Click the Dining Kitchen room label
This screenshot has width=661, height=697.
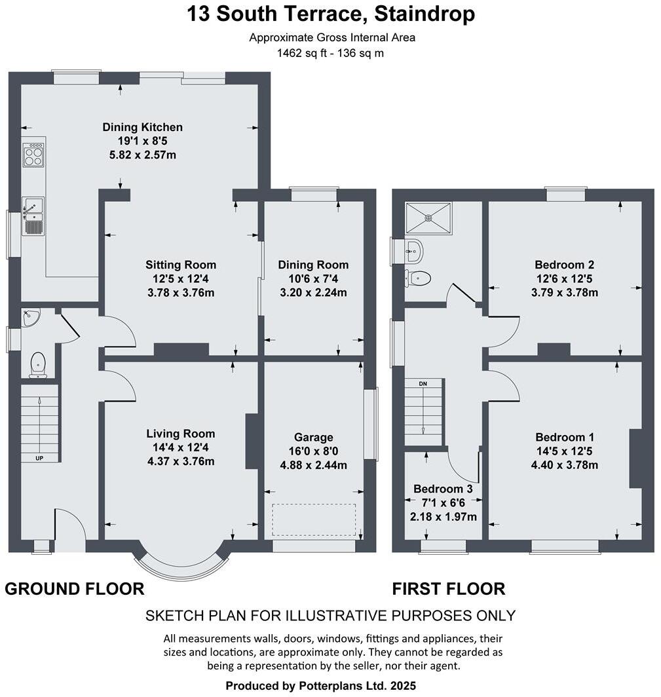pyautogui.click(x=142, y=127)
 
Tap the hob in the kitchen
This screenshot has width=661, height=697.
pyautogui.click(x=33, y=156)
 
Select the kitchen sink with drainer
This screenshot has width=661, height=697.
pyautogui.click(x=33, y=216)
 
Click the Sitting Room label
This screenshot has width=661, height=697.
pyautogui.click(x=180, y=265)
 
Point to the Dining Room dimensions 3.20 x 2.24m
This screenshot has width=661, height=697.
pyautogui.click(x=312, y=293)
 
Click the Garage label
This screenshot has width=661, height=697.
pyautogui.click(x=313, y=437)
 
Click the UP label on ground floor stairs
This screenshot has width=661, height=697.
pyautogui.click(x=39, y=458)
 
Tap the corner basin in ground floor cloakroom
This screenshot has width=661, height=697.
pyautogui.click(x=30, y=318)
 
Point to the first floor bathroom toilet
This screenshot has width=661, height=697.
pyautogui.click(x=417, y=278)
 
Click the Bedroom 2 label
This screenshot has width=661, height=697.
pyautogui.click(x=564, y=265)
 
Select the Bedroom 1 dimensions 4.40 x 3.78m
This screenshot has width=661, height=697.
pyautogui.click(x=564, y=466)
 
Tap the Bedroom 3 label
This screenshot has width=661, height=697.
pyautogui.click(x=443, y=489)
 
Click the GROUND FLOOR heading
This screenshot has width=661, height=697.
pyautogui.click(x=74, y=589)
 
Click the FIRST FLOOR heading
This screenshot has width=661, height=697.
pyautogui.click(x=448, y=589)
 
